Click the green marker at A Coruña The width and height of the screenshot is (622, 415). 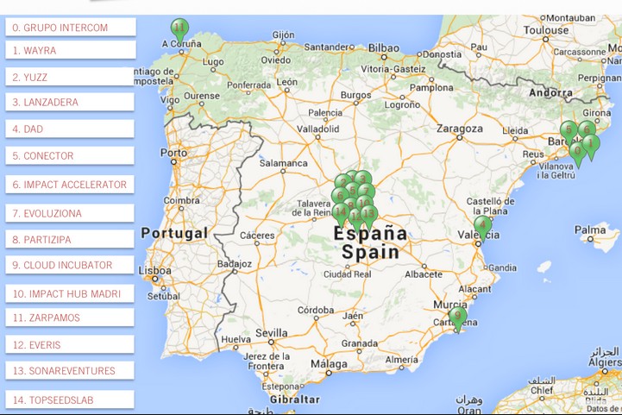179,29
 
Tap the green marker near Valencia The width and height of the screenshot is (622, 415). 483,226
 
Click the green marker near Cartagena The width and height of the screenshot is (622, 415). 457,317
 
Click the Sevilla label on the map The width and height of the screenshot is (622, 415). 271,333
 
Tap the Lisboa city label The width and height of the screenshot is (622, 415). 154,270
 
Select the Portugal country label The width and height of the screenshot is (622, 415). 174,233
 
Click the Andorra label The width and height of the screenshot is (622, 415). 550,92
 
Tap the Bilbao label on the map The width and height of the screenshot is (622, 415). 384,48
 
